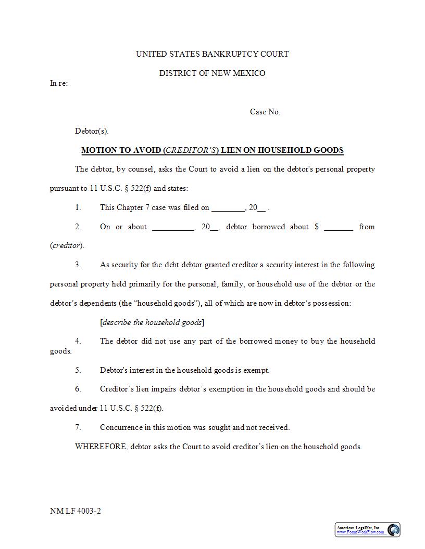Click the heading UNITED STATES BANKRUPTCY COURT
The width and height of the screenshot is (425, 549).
[x=212, y=54]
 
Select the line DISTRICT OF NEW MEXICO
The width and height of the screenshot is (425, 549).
[x=212, y=73]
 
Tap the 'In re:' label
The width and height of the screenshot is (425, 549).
[x=58, y=83]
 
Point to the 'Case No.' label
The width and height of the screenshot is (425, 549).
[x=265, y=112]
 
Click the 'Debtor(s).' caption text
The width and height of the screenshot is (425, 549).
[x=92, y=131]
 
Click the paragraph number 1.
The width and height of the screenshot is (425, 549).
[x=78, y=207]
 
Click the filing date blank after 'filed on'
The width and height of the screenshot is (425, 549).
[x=228, y=208]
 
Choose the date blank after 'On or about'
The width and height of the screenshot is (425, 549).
[x=172, y=227]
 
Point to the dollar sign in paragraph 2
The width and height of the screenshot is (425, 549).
[x=316, y=227]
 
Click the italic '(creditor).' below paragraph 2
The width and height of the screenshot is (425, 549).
[x=67, y=245]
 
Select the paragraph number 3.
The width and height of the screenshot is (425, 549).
[x=78, y=265]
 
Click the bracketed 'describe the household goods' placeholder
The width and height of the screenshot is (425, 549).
[x=152, y=322]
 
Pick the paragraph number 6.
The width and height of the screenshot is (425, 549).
[x=78, y=389]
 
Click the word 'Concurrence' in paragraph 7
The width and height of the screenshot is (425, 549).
[x=121, y=427]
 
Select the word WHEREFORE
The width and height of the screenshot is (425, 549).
[x=101, y=447]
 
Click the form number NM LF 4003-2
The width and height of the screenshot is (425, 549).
[x=76, y=511]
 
